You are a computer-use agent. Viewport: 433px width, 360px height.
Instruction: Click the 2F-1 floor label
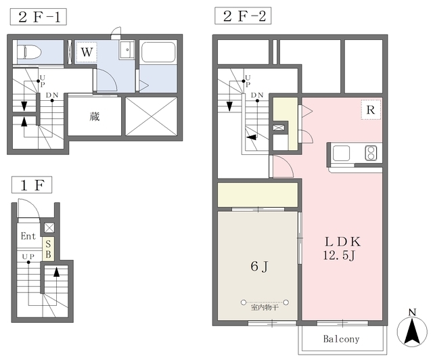pos(39,17)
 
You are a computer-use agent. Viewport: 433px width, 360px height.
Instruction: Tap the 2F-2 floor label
pos(243,16)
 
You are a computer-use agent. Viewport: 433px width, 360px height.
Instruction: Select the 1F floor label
pos(32,185)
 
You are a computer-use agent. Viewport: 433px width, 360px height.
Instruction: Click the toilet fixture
pos(29,52)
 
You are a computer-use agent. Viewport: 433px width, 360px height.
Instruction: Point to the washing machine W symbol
pos(87,52)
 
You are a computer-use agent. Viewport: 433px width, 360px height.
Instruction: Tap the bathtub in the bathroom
pos(158,53)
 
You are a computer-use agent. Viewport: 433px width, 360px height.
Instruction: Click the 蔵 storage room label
pos(95,116)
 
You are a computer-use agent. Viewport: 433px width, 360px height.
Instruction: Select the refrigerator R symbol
pos(371,110)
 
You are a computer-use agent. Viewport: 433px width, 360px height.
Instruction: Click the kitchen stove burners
pos(371,153)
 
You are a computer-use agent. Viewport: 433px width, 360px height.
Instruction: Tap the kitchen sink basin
pos(341,153)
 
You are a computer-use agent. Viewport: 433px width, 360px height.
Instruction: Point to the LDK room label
pos(343,242)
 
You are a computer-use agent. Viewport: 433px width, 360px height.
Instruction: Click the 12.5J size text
pos(339,255)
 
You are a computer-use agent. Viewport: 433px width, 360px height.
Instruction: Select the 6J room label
pos(259,266)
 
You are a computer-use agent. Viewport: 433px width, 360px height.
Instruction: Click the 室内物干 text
pos(265,307)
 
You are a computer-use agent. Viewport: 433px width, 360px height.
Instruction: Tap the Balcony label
pos(341,339)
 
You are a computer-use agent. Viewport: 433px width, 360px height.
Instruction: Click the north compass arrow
pos(412,332)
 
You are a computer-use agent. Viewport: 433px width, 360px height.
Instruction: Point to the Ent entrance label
pos(28,236)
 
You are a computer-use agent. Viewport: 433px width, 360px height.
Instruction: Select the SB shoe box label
pos(48,249)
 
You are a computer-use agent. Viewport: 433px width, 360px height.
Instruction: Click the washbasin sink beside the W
pos(127,49)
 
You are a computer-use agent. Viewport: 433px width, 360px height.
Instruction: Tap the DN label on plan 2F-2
pos(257,95)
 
